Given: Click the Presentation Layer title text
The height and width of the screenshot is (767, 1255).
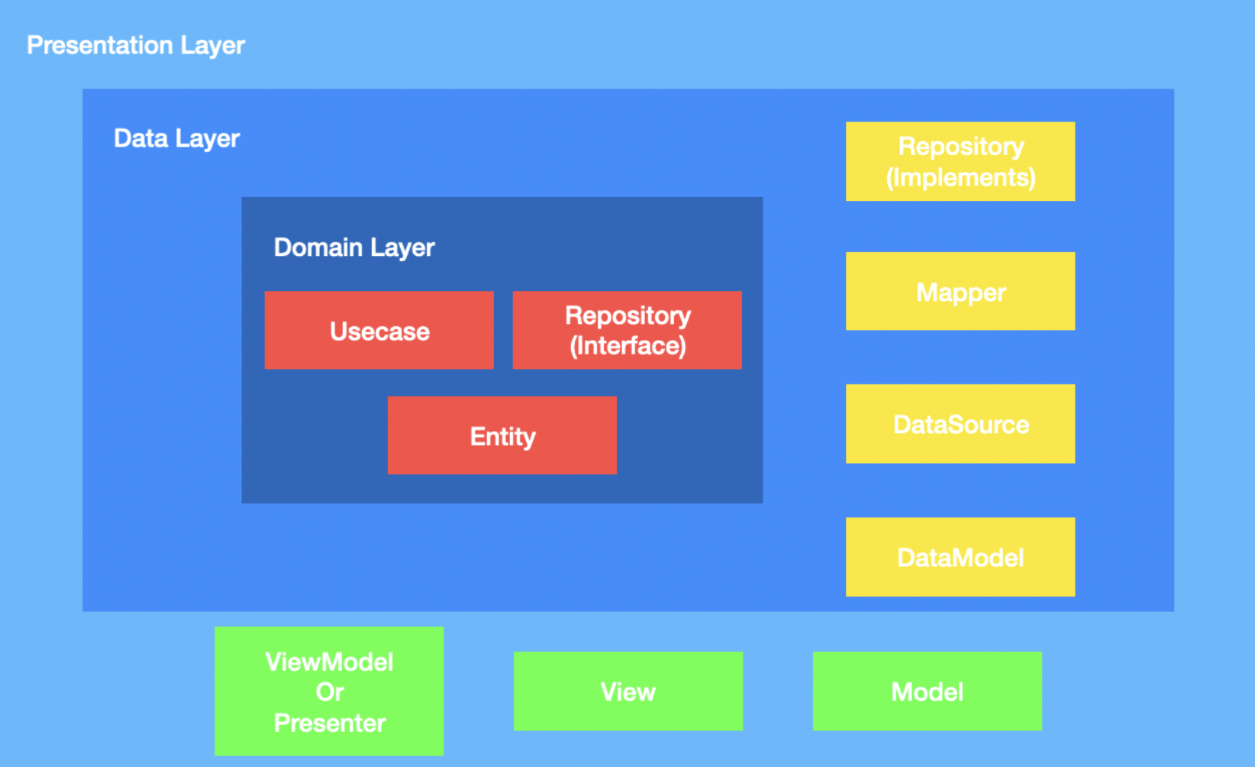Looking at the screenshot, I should pyautogui.click(x=135, y=46).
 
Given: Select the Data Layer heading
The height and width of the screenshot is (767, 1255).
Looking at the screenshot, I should pyautogui.click(x=176, y=138).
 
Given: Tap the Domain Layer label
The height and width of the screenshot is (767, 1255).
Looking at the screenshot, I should pyautogui.click(x=353, y=248).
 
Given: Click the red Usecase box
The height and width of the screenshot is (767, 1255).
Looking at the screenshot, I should pyautogui.click(x=379, y=331).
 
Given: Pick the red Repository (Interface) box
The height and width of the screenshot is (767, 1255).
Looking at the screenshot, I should pyautogui.click(x=627, y=330).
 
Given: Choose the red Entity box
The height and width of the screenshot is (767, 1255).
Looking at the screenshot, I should pyautogui.click(x=502, y=435).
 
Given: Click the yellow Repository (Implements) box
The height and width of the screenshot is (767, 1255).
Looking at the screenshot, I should pyautogui.click(x=960, y=161).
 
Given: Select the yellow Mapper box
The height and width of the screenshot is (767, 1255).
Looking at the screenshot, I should pyautogui.click(x=960, y=291).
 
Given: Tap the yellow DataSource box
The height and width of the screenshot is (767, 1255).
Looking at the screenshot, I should pyautogui.click(x=960, y=424).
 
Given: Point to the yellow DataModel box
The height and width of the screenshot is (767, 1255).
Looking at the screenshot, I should pyautogui.click(x=960, y=557).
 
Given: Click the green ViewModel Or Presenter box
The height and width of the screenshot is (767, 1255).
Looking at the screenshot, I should pyautogui.click(x=329, y=691).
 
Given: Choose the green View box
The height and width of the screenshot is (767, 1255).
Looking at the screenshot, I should pyautogui.click(x=627, y=691).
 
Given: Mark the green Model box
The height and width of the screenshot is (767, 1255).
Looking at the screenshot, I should pyautogui.click(x=927, y=691).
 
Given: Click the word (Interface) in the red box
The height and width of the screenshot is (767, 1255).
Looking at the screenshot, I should pyautogui.click(x=627, y=346).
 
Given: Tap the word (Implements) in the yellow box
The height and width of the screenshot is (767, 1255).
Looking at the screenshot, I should pyautogui.click(x=960, y=178).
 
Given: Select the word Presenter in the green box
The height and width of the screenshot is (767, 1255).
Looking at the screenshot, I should pyautogui.click(x=330, y=723).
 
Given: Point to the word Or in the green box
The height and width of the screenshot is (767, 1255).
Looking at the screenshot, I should pyautogui.click(x=330, y=692).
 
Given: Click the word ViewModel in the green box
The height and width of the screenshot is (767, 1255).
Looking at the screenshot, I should pyautogui.click(x=329, y=662).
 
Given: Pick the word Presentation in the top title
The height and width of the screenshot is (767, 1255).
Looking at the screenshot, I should pyautogui.click(x=100, y=46).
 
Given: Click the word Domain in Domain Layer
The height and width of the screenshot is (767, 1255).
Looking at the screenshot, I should pyautogui.click(x=318, y=248).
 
